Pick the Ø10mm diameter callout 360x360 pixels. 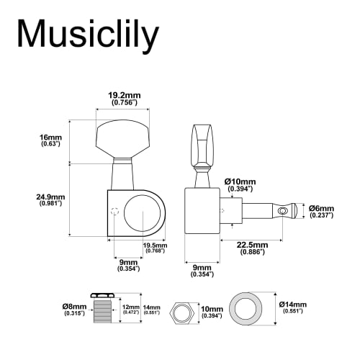pos(240,184)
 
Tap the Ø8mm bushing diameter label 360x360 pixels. pos(74,310)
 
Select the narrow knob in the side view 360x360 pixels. pos(200,144)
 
